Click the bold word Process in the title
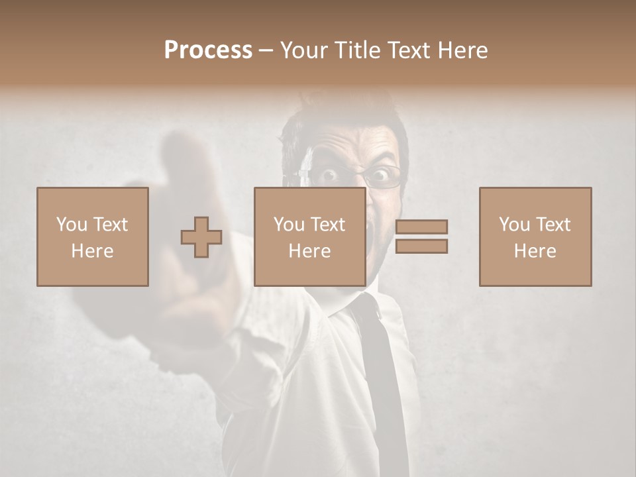tap(208, 50)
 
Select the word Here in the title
tap(464, 50)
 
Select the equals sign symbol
tap(421, 237)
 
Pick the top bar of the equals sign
tap(421, 227)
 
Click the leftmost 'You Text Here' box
tap(92, 237)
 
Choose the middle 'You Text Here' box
tap(309, 237)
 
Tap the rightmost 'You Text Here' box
tap(535, 237)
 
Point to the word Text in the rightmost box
tap(552, 225)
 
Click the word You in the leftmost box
tap(72, 225)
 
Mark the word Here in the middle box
tap(309, 251)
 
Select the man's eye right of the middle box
tap(380, 176)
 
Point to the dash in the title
tap(266, 50)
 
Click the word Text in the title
tap(408, 50)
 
